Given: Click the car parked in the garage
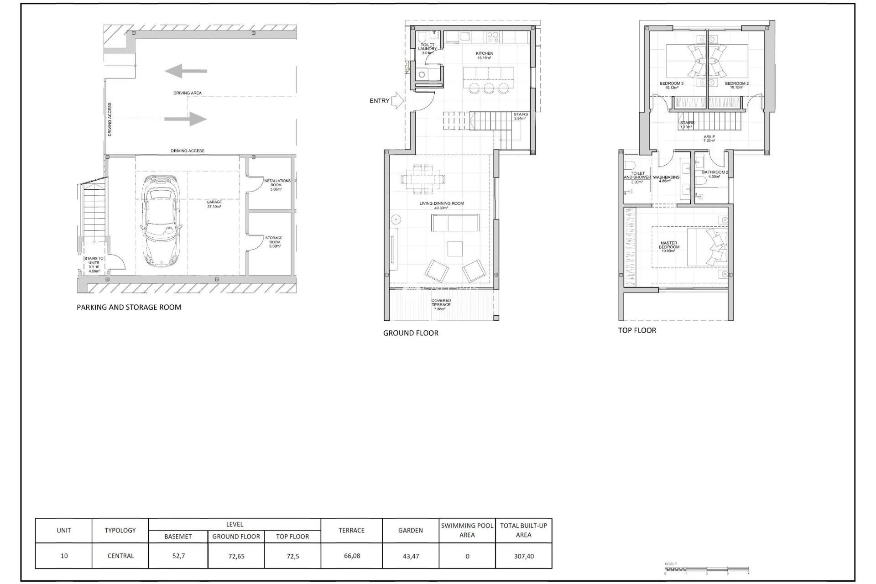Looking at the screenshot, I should [161, 221].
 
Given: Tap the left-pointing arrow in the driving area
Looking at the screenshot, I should [186, 71].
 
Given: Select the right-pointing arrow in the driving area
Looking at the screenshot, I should [186, 119].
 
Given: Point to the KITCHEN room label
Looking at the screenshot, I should [485, 54].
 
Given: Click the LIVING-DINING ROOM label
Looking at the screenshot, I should [441, 203].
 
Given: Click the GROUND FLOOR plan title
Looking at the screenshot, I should [411, 334].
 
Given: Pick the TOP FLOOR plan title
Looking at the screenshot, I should [637, 330].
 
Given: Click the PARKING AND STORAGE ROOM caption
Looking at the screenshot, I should [129, 308].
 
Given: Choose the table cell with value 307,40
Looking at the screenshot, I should [523, 556].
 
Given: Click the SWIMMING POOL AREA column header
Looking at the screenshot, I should [467, 530].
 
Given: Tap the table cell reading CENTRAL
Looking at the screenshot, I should [120, 556].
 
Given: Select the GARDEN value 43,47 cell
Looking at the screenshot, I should [411, 556].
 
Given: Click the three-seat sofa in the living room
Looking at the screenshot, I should [455, 223].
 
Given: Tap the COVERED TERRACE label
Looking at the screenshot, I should [441, 303].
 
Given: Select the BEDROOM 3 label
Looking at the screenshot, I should [672, 83].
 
